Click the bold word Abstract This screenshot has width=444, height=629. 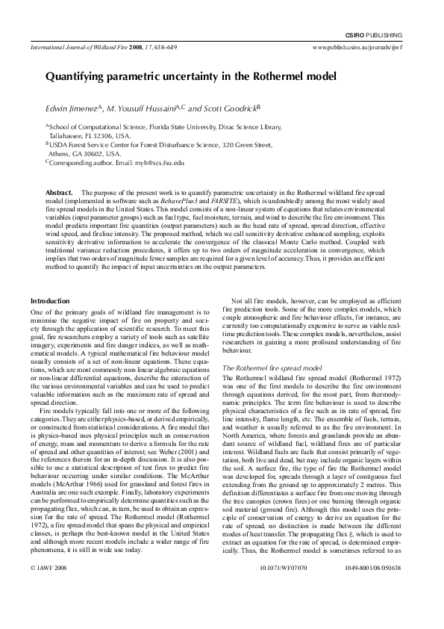[x=59, y=193]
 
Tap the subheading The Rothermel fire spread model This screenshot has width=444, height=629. [x=272, y=369]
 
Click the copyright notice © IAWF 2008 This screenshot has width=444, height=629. [x=46, y=589]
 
